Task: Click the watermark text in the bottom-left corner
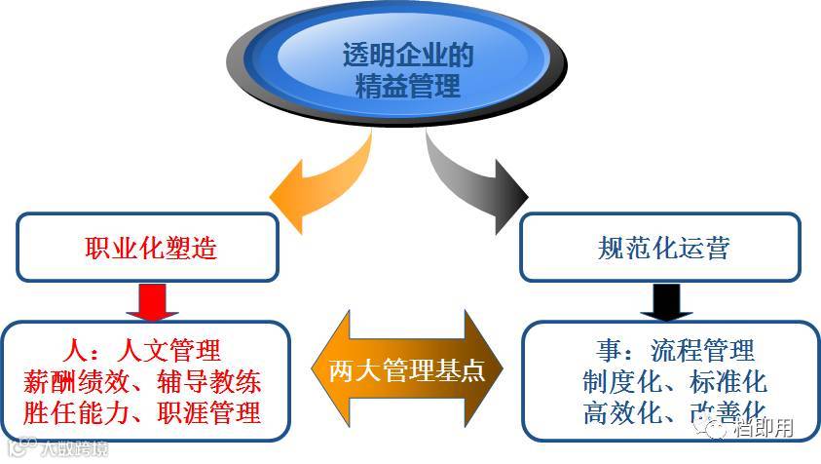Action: click(58, 449)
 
